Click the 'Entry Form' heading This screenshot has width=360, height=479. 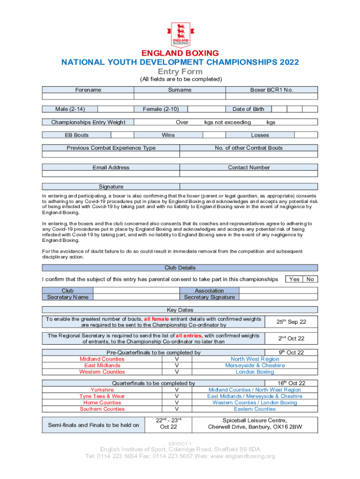pyautogui.click(x=180, y=72)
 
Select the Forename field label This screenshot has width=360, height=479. pyautogui.click(x=88, y=90)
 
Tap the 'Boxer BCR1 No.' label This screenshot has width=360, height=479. pyautogui.click(x=272, y=90)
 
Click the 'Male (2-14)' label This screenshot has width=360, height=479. pyautogui.click(x=70, y=109)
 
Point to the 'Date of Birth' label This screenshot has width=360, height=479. pyautogui.click(x=248, y=109)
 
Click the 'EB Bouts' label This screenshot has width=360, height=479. pyautogui.click(x=77, y=135)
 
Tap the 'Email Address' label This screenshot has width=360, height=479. pyautogui.click(x=111, y=167)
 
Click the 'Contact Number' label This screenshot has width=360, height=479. pyautogui.click(x=249, y=167)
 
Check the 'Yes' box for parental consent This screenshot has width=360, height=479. pyautogui.click(x=295, y=279)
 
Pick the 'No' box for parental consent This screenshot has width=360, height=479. pyautogui.click(x=310, y=279)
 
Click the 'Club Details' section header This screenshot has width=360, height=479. pyautogui.click(x=180, y=268)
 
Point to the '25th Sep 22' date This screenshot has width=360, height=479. pyautogui.click(x=291, y=322)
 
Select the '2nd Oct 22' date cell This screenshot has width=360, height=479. pyautogui.click(x=291, y=338)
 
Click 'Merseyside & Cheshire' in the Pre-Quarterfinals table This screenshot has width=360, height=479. pyautogui.click(x=255, y=365)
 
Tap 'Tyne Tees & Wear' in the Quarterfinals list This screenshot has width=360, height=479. pyautogui.click(x=102, y=396)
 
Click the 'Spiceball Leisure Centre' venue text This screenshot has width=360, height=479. pyautogui.click(x=255, y=420)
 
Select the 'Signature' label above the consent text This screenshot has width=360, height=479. pyautogui.click(x=111, y=187)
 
